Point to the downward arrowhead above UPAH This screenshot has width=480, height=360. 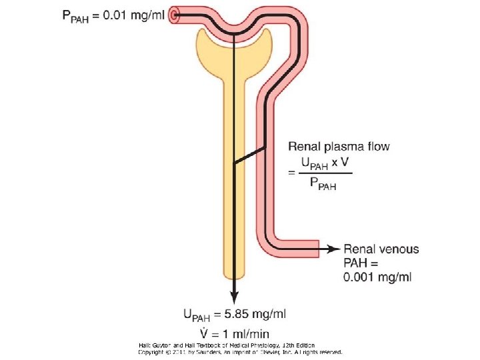point(234,298)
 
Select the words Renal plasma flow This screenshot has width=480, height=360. point(338,146)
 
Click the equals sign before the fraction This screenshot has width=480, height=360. point(291,173)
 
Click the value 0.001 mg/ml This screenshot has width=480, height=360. point(367,277)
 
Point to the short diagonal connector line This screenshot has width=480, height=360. point(249,155)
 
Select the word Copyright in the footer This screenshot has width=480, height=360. point(152,352)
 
